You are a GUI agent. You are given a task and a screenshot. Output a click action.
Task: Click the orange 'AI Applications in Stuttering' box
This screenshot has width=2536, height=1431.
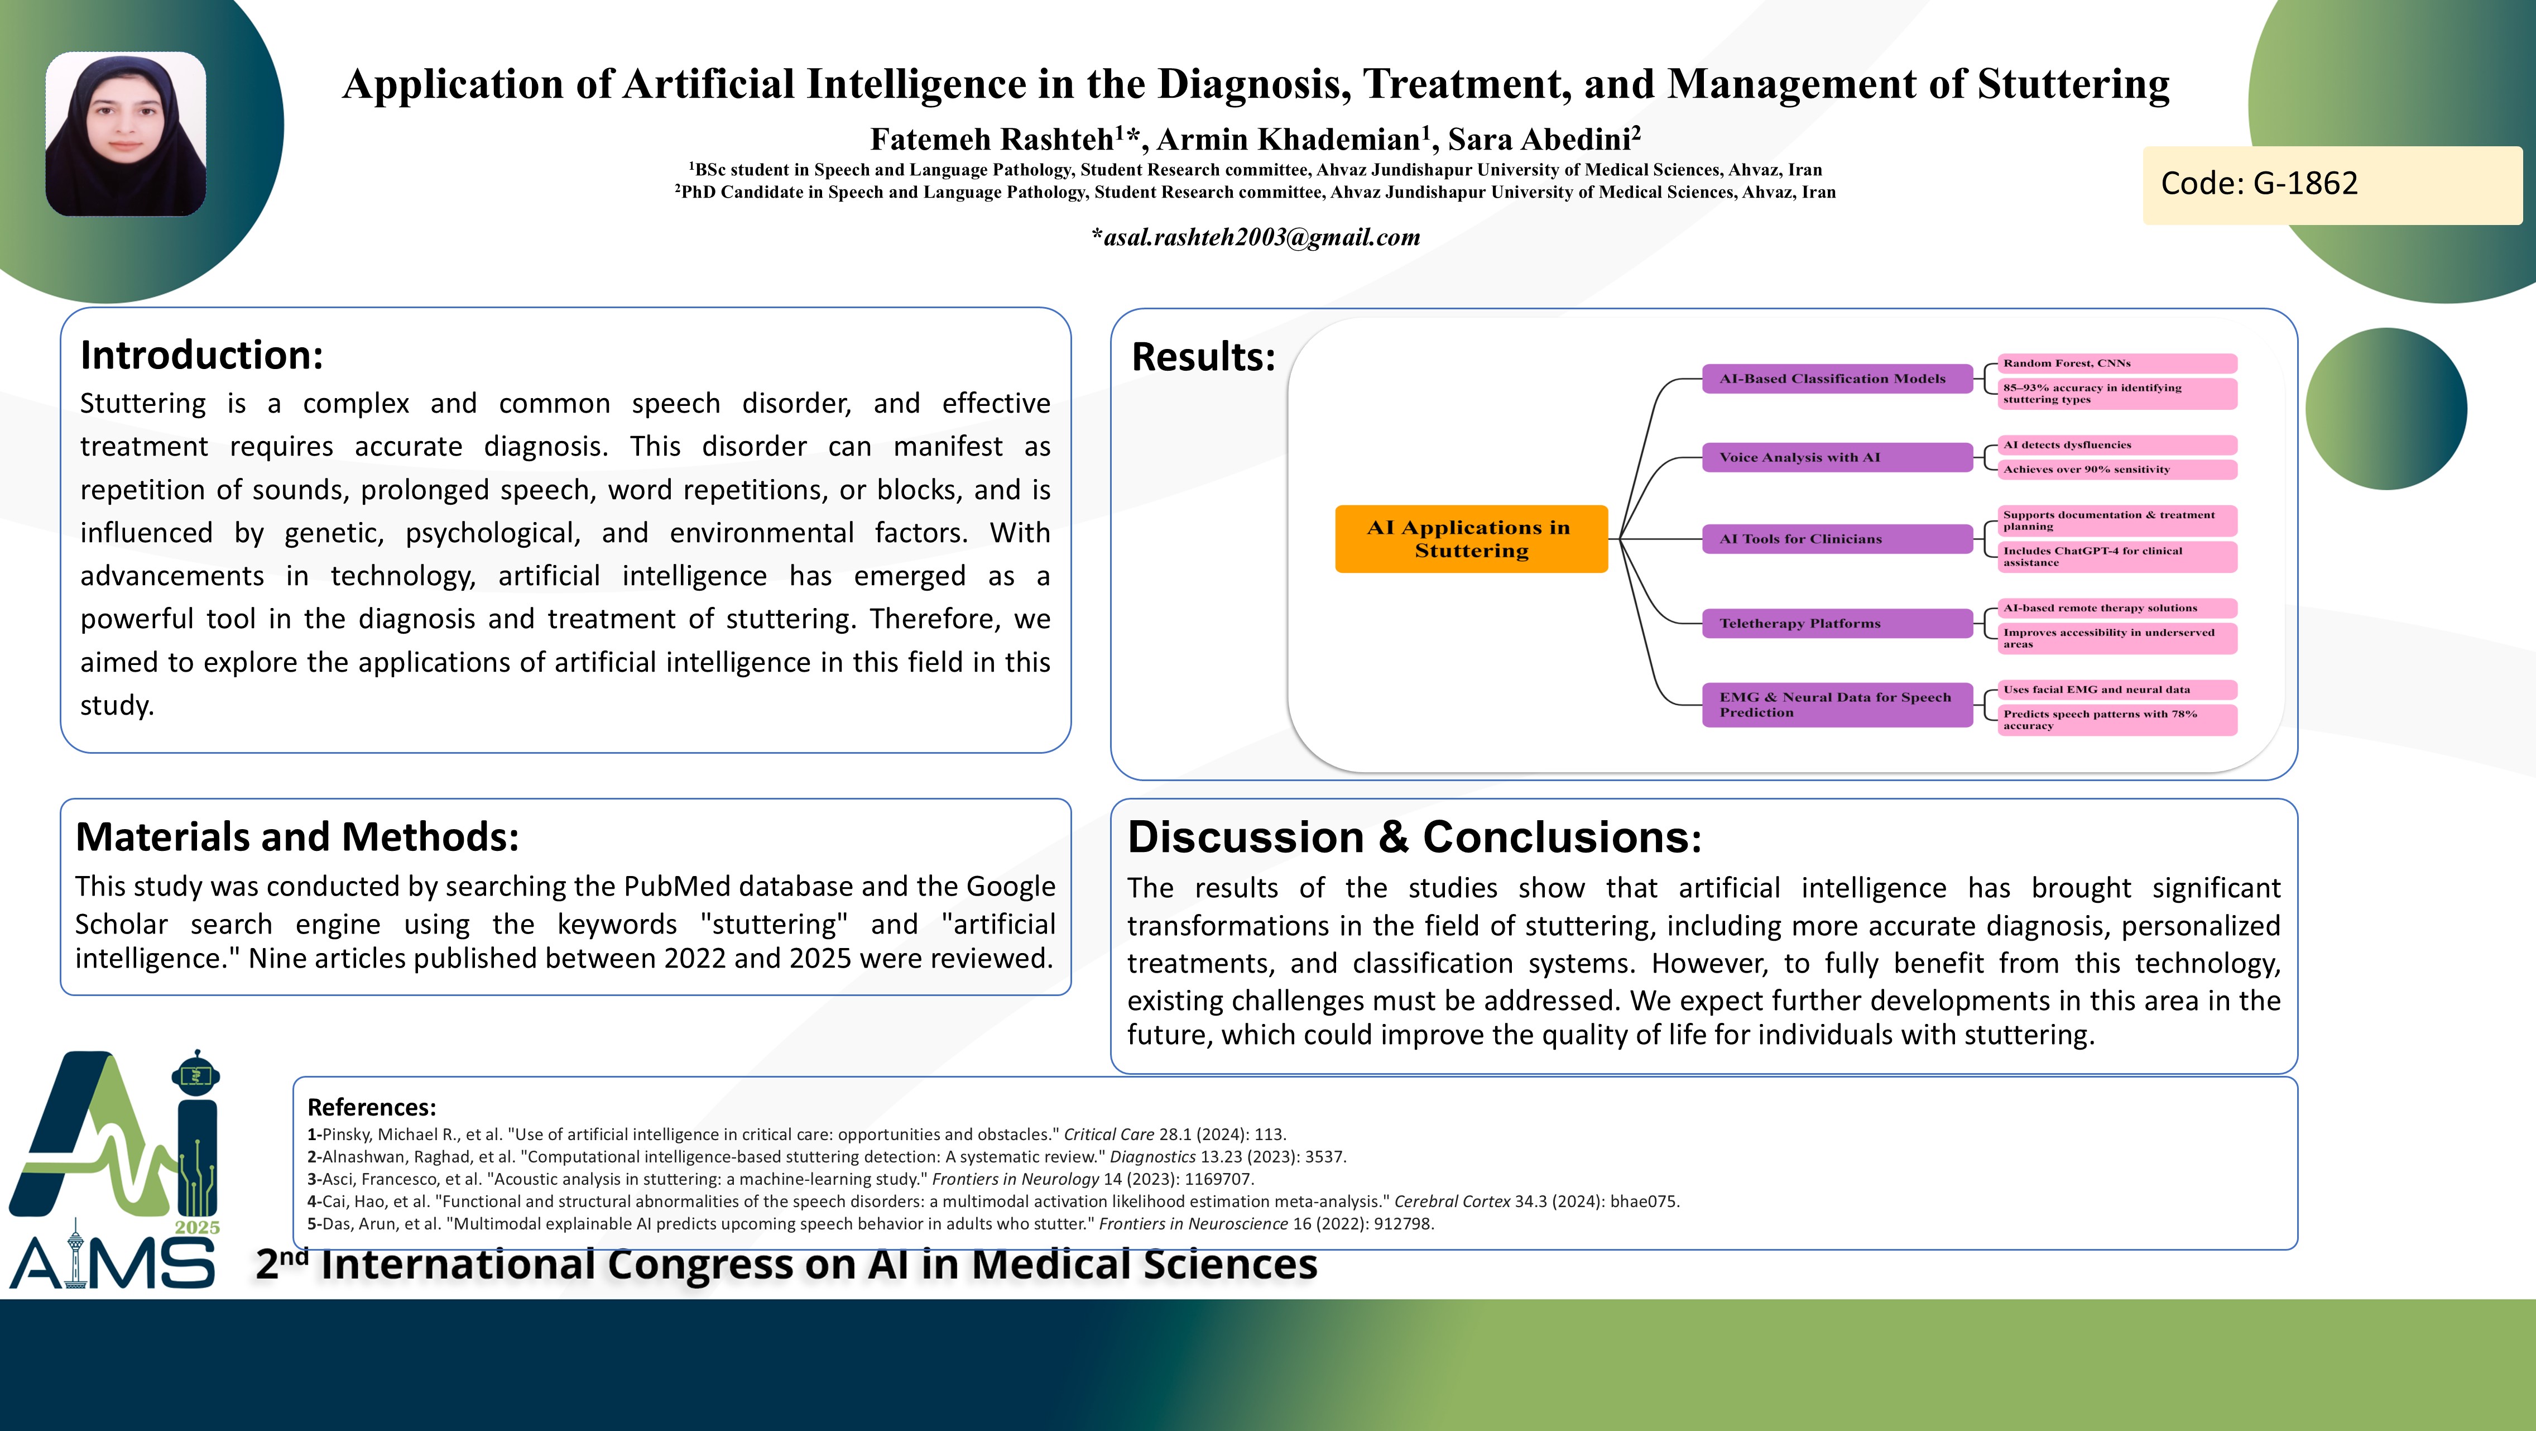[x=1471, y=539]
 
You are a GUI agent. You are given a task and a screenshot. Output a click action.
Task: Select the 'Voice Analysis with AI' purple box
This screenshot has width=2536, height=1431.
[x=1837, y=457]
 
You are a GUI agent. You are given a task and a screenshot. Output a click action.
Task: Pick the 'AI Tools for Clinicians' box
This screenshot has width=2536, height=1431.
[x=1837, y=539]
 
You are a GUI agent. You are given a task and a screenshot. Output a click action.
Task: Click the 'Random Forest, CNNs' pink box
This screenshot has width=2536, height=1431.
[x=2117, y=363]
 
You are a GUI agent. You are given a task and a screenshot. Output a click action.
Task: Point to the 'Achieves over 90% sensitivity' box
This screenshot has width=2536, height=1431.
[x=2117, y=470]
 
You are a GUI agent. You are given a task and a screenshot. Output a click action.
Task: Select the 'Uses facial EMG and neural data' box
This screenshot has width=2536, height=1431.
[x=2117, y=690]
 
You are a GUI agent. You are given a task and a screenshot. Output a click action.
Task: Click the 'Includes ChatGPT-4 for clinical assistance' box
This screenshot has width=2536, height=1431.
[x=2117, y=557]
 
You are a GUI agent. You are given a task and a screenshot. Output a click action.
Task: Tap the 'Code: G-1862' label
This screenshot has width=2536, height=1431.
[x=2259, y=183]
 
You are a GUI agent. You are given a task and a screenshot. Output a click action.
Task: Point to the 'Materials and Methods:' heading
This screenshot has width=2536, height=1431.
[x=297, y=837]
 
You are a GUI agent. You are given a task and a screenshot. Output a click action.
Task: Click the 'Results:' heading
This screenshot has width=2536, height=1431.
[x=1203, y=357]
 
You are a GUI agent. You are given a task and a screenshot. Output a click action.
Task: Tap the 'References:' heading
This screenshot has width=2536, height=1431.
[x=371, y=1107]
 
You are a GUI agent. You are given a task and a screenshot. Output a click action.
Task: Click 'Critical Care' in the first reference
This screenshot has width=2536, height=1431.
[x=1108, y=1135]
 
